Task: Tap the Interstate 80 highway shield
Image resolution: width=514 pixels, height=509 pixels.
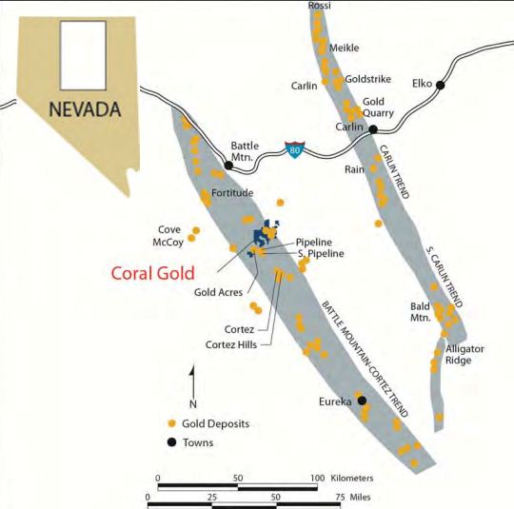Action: [296, 150]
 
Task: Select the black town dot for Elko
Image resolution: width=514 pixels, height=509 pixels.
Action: [441, 86]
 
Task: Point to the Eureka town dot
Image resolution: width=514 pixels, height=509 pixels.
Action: [362, 401]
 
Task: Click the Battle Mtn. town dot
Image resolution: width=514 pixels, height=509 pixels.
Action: [228, 165]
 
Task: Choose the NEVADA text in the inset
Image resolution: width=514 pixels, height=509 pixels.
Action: [84, 108]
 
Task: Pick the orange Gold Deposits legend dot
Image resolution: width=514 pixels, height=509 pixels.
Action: [171, 422]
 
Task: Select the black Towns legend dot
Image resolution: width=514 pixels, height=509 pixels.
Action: [171, 442]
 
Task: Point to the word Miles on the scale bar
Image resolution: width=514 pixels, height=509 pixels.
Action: [357, 497]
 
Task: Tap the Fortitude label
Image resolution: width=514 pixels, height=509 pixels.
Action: [232, 193]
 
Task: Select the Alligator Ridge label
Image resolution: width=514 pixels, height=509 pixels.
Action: [465, 355]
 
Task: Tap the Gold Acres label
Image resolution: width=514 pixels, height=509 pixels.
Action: [217, 293]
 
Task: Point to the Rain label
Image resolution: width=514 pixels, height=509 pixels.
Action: [356, 169]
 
